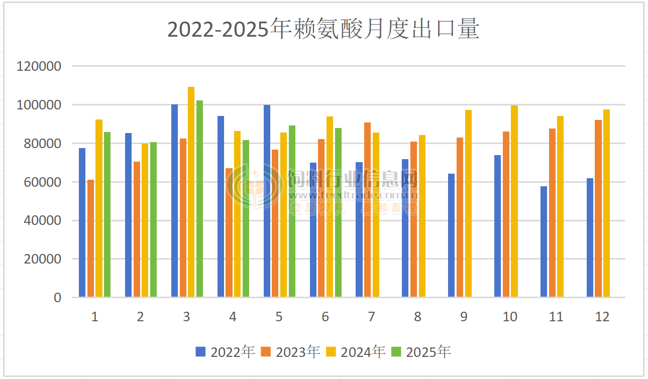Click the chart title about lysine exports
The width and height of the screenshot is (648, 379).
[323, 29]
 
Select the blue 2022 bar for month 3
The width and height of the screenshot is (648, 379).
[174, 201]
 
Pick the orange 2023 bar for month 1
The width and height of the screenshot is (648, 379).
[90, 238]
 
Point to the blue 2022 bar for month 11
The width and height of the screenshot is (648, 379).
[544, 241]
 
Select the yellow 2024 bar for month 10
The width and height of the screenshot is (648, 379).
[514, 201]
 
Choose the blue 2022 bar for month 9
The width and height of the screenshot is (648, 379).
[451, 235]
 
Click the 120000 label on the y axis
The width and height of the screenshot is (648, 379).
[39, 66]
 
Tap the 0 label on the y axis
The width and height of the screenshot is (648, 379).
[57, 298]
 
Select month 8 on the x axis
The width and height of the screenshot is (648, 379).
[417, 317]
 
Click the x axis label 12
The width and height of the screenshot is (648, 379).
[602, 317]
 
